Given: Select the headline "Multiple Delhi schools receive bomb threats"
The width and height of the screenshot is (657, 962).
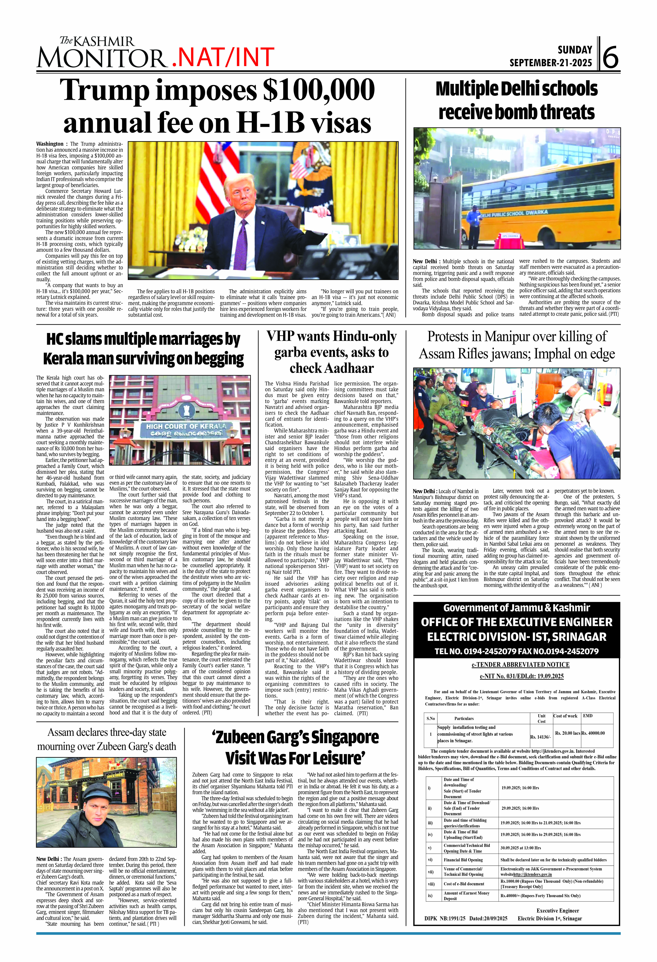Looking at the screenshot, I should tap(517, 101).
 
